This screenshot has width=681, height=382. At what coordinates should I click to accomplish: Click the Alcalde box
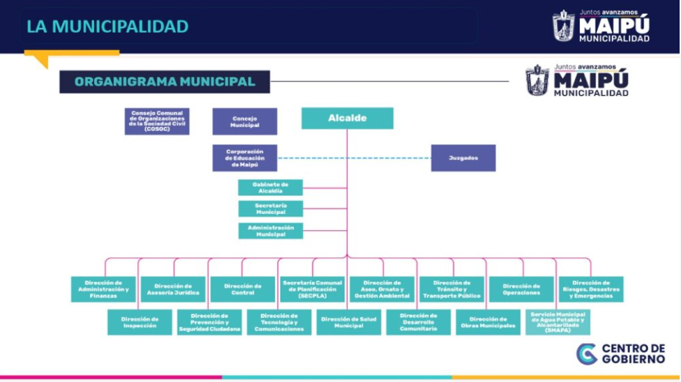coord(347,119)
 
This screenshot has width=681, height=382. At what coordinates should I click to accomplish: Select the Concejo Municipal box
coord(244,121)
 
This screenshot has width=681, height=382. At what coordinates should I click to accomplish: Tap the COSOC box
coord(157,121)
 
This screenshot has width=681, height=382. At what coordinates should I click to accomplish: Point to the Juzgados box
coord(463,158)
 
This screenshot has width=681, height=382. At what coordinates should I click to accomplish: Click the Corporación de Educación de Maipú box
coord(244,158)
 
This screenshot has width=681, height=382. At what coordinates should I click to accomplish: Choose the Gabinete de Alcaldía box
coord(270,188)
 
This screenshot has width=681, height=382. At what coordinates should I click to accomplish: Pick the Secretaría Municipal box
coord(270,208)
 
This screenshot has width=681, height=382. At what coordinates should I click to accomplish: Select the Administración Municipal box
coord(270,231)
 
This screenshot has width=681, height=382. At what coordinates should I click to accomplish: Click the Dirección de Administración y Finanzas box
coord(103,289)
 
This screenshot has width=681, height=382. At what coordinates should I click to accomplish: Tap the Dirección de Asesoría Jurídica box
coord(173,289)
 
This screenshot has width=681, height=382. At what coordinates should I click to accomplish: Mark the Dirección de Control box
coord(243,289)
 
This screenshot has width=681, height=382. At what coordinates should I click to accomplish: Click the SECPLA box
coord(313,289)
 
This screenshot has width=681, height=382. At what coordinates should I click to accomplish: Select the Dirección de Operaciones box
coord(521,289)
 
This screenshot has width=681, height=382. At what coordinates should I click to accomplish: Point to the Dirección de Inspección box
coord(140,322)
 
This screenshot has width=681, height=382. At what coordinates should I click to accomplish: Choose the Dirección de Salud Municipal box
coord(348,322)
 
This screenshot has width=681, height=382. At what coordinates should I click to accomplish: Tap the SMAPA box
coord(557,322)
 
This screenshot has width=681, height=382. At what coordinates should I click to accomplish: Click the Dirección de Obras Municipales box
coord(488,322)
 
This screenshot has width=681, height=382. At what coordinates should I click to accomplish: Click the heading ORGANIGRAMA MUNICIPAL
coord(165,82)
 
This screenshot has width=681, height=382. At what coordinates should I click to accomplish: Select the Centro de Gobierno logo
coord(621,353)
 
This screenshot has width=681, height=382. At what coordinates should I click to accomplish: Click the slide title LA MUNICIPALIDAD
coord(107,26)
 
